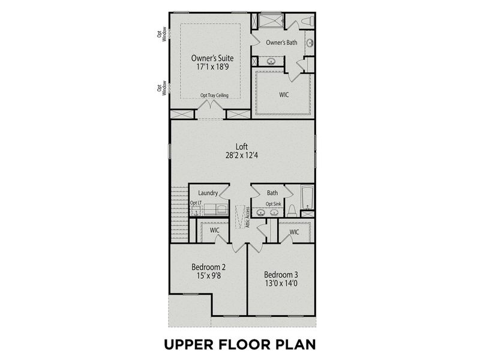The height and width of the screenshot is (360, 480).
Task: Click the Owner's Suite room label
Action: click(212, 58)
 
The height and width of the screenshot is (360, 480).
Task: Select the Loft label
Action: click(242, 146)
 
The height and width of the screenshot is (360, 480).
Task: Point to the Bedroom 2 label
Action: click(208, 267)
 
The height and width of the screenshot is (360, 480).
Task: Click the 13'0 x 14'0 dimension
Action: click(281, 284)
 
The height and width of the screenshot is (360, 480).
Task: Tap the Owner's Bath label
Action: click(281, 43)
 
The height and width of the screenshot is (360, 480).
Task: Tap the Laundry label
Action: click(208, 193)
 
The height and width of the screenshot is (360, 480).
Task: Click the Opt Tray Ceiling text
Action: click(214, 96)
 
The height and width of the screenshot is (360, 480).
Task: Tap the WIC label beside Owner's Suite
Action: click(284, 94)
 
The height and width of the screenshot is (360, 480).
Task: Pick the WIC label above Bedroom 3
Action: click(294, 232)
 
